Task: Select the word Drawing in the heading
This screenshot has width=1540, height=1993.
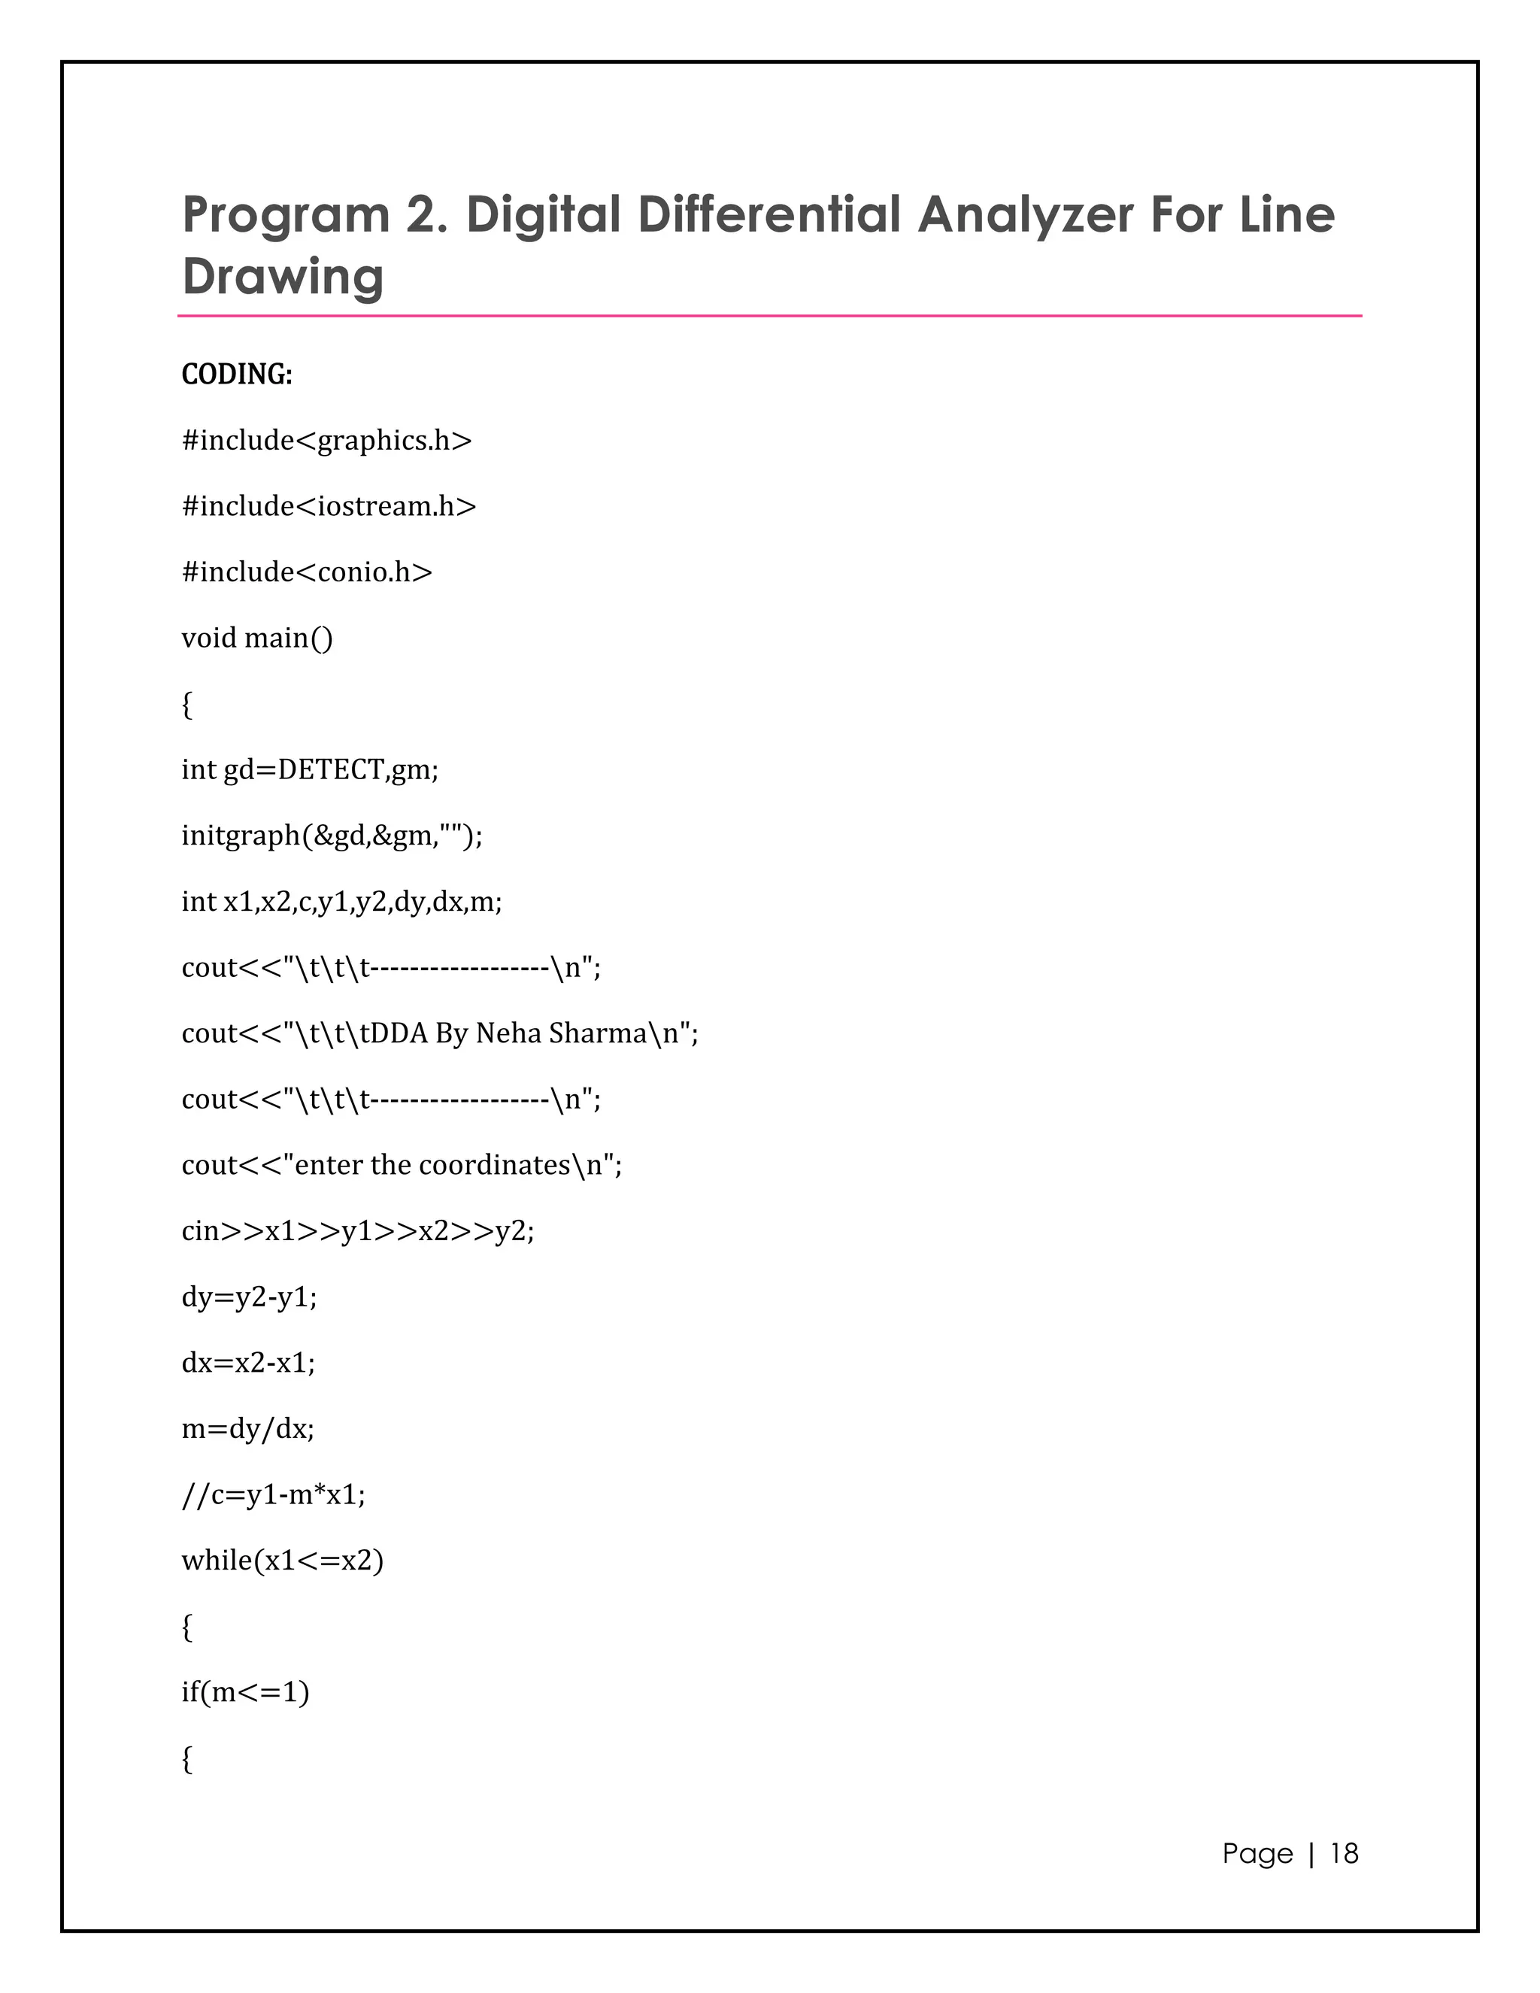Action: tap(283, 278)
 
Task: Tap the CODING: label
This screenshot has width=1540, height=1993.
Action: tap(236, 374)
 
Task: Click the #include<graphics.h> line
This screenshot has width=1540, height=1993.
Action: tap(326, 441)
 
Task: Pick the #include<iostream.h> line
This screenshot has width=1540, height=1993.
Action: tap(329, 506)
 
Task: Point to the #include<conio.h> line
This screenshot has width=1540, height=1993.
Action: tap(307, 572)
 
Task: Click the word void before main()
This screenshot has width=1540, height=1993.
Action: tap(209, 638)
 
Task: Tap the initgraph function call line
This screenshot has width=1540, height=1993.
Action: tap(331, 836)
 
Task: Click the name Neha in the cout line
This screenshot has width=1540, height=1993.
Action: tap(508, 1033)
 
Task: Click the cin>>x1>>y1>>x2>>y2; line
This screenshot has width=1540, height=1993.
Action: tap(358, 1232)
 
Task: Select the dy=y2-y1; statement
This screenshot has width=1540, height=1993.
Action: tap(249, 1297)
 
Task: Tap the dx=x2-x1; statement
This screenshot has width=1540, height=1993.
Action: tap(248, 1364)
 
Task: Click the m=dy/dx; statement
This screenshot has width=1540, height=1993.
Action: tap(247, 1429)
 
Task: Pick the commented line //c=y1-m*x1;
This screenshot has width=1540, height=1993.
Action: tap(273, 1495)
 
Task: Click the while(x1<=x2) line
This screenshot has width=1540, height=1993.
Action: tap(282, 1561)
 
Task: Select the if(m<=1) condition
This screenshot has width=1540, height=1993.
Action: tap(245, 1693)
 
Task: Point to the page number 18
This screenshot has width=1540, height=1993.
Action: tap(1344, 1853)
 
